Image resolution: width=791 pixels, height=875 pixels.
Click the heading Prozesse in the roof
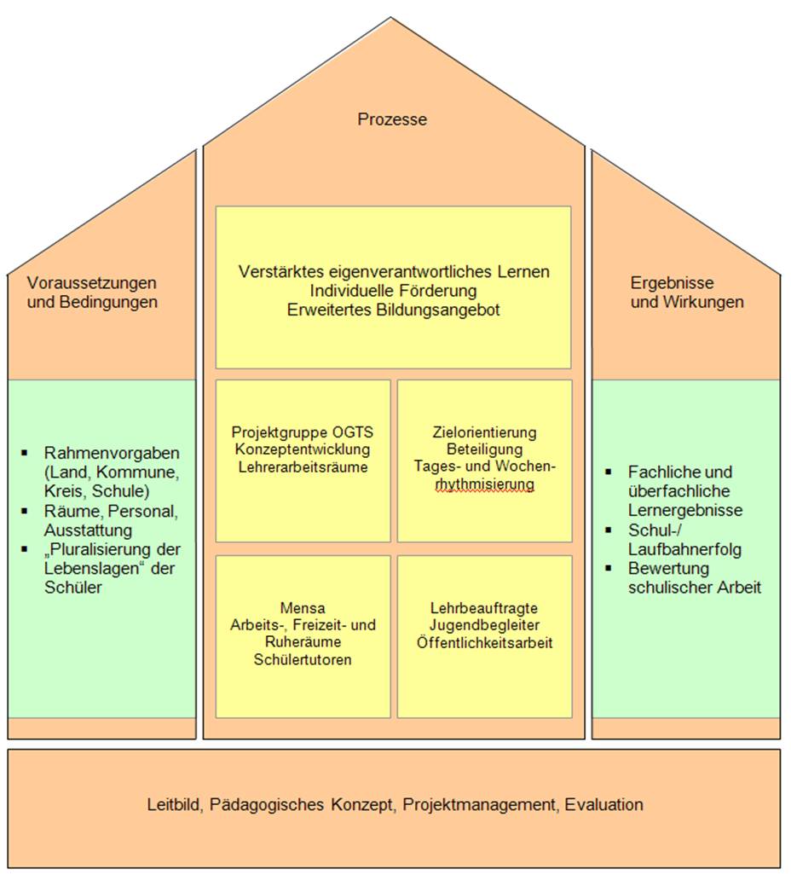click(x=392, y=119)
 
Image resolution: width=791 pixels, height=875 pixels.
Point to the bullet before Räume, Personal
click(x=25, y=510)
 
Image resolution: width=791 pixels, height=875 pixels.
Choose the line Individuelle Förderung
click(x=394, y=291)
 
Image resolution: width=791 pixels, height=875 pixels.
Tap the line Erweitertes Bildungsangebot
click(x=394, y=310)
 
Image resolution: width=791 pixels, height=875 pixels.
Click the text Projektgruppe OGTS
click(x=302, y=432)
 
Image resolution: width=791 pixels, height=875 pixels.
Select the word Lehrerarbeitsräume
click(x=302, y=466)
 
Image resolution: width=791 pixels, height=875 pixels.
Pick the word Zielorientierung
click(x=485, y=432)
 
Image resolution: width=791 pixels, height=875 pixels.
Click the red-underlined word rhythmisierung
click(x=485, y=484)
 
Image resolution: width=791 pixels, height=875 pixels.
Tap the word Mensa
click(x=303, y=607)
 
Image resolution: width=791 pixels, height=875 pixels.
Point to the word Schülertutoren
click(x=303, y=659)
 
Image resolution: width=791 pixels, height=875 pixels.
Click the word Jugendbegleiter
click(x=485, y=625)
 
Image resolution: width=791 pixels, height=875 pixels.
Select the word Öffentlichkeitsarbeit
click(x=485, y=642)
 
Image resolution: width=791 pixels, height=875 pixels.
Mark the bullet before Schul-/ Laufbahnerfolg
click(x=609, y=530)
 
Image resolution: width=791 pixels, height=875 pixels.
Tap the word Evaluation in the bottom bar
click(x=603, y=804)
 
